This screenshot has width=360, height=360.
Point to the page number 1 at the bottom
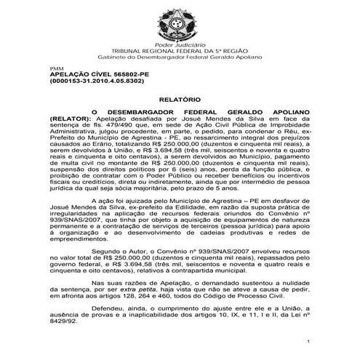click(308, 340)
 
